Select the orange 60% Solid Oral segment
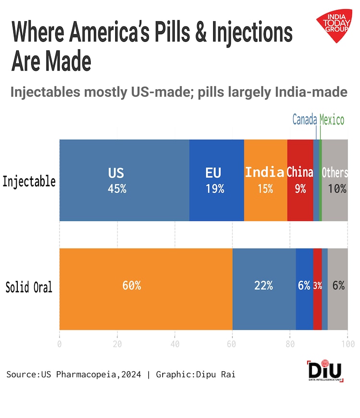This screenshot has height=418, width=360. point(145,289)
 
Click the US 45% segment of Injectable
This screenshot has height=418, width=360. point(124,180)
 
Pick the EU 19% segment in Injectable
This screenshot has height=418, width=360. point(216,180)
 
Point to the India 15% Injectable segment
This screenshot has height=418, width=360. point(265,180)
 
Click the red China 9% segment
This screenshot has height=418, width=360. point(300,180)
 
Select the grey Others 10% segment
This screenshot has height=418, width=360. point(335,180)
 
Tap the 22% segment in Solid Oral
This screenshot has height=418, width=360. point(264,289)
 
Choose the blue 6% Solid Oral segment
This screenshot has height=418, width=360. point(304,289)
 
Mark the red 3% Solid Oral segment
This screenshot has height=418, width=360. point(317,289)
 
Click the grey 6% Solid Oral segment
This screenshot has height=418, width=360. point(338,289)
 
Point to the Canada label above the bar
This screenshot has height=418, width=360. point(304,120)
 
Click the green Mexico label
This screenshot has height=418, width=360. point(332,120)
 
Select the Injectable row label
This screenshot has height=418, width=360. point(29,182)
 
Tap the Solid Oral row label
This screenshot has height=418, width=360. point(29,288)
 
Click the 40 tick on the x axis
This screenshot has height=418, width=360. point(175,344)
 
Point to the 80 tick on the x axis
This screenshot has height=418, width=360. point(290,344)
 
